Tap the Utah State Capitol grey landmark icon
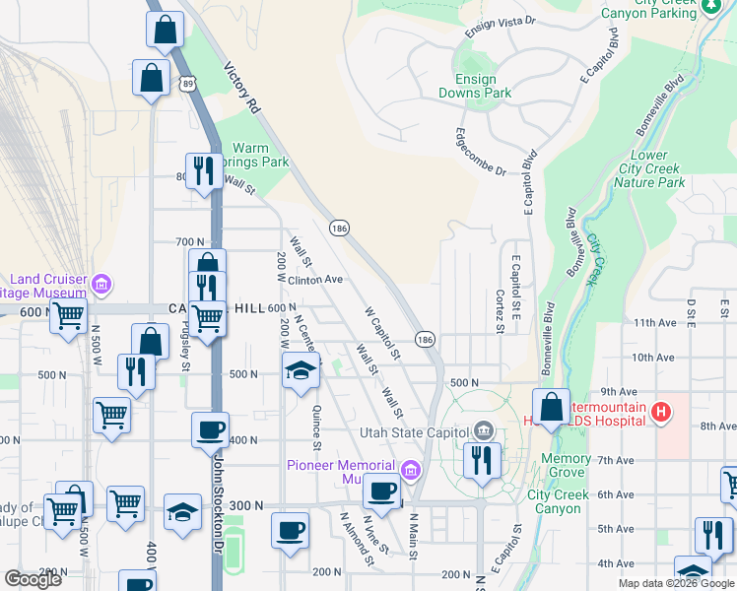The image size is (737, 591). (483, 430)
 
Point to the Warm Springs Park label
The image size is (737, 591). (258, 155)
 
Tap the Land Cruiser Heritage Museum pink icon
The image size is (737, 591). (100, 286)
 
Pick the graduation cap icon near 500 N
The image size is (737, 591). (301, 371)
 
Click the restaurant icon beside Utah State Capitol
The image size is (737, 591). (482, 460)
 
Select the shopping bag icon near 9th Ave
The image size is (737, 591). (552, 406)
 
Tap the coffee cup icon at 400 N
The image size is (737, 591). (210, 429)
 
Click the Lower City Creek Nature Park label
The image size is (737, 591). (649, 169)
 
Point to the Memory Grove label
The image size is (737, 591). (566, 466)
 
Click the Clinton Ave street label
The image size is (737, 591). (315, 280)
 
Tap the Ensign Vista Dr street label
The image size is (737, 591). (500, 25)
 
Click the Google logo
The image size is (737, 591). (33, 579)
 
